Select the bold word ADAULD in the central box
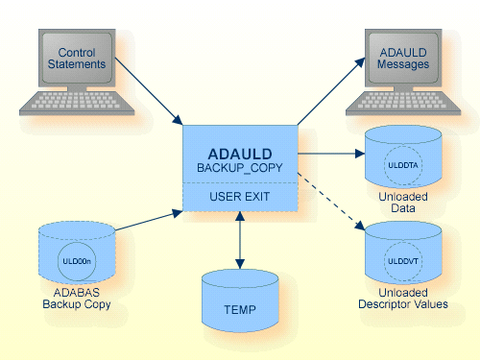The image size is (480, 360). [x=240, y=154]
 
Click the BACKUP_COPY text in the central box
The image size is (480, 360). [x=240, y=169]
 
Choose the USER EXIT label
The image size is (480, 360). [x=240, y=198]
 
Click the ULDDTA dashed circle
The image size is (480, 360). [x=403, y=163]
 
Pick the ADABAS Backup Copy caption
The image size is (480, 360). [x=77, y=299]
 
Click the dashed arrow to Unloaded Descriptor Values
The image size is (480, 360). [x=332, y=203]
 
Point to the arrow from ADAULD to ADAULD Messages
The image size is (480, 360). [x=331, y=91]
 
